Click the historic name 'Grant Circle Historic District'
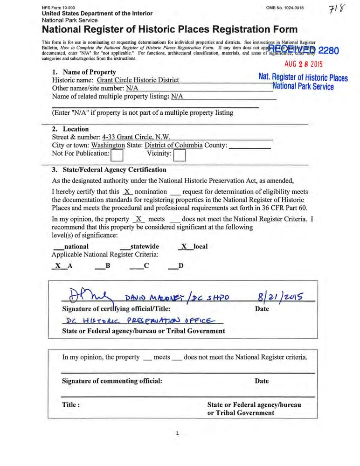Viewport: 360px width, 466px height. click(141, 80)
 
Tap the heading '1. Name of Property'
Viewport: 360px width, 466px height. click(84, 72)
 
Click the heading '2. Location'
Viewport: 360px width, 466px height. click(70, 129)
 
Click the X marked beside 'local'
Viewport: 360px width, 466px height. click(184, 246)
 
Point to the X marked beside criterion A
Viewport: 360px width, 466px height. click(58, 266)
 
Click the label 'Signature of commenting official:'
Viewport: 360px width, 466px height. click(112, 381)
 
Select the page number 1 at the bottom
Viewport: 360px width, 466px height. click(178, 433)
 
